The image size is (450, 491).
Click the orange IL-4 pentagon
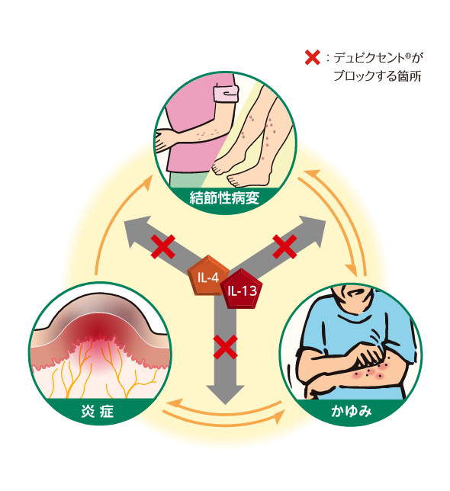208,276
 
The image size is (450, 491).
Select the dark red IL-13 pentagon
242,290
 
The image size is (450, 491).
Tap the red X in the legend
312,58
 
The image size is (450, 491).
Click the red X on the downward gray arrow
225,347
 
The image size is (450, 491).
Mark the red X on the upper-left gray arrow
163,247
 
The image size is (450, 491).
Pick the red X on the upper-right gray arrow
284,247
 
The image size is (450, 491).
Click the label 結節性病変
224,198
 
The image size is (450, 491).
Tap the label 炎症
98,411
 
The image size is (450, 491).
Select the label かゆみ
352,411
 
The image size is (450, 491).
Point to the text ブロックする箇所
377,75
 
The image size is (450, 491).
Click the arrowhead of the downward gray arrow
225,393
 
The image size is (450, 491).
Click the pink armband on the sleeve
226,93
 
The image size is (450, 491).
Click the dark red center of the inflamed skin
99,332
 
